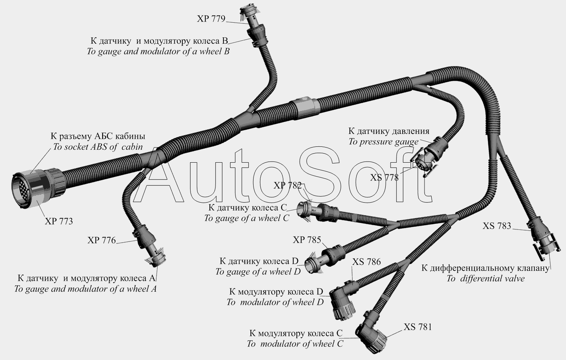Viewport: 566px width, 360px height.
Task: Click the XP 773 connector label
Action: click(59, 221)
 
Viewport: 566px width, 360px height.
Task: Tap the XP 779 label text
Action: click(211, 19)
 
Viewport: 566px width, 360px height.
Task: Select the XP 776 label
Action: click(102, 240)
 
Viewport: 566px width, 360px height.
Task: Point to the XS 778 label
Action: click(385, 178)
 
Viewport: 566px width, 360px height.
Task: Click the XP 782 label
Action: click(288, 186)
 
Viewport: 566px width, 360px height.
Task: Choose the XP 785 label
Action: click(307, 240)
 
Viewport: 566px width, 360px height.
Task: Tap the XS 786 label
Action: click(367, 262)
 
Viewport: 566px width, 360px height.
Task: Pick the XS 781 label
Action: click(418, 327)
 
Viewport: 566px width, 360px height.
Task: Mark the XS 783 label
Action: click(497, 226)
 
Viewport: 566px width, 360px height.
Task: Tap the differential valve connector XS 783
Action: click(543, 240)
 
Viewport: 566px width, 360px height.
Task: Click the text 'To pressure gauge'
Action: click(383, 142)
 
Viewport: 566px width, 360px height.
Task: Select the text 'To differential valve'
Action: click(485, 278)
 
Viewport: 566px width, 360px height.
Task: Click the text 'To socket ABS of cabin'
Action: click(97, 147)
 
